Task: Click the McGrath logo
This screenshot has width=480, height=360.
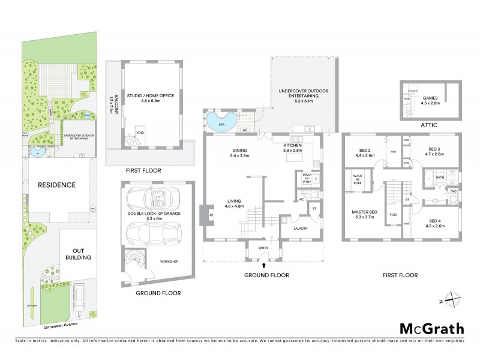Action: click(431, 328)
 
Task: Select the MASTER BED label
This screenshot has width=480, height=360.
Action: click(365, 211)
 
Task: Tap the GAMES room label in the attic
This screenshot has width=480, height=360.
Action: click(431, 100)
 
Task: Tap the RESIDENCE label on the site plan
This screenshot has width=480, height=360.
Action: click(58, 185)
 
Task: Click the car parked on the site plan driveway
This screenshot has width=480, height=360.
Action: click(79, 298)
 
